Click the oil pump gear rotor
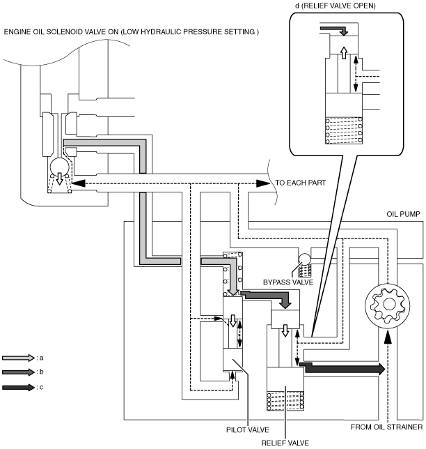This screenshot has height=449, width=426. click(388, 305)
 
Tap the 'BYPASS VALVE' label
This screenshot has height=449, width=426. click(288, 282)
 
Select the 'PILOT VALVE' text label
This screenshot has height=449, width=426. click(248, 429)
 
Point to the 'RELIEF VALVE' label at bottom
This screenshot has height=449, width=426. click(285, 443)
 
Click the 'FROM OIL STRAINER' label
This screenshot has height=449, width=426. click(386, 427)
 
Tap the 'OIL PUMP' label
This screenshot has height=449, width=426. click(403, 214)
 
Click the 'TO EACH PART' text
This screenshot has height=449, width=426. click(301, 183)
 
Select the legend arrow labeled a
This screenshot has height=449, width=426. click(18, 358)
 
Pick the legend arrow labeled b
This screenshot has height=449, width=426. click(18, 372)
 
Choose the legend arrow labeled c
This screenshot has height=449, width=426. click(18, 387)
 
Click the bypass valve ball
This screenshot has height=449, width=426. click(304, 259)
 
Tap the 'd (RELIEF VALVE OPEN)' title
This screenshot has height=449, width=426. click(335, 6)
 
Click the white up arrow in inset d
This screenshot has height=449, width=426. click(344, 53)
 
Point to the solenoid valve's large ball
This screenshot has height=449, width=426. click(59, 167)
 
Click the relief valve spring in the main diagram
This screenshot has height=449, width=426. click(285, 401)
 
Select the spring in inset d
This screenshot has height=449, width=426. click(344, 130)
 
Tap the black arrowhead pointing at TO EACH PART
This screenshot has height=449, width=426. click(263, 183)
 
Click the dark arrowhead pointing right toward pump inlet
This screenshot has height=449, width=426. click(381, 369)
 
